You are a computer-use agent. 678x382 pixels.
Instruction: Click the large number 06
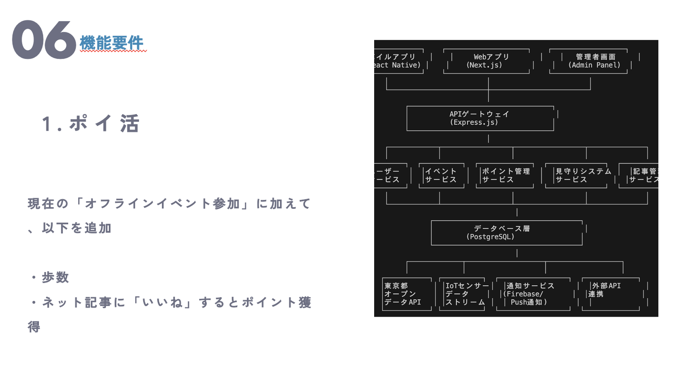tap(44, 40)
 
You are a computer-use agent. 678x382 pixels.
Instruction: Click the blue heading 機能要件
tap(112, 43)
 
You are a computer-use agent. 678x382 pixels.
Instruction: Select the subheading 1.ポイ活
tap(91, 124)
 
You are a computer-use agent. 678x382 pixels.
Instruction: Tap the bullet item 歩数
tap(55, 278)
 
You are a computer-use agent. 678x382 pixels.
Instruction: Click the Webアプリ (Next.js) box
tap(486, 61)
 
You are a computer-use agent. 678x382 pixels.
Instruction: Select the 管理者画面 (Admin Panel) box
tap(589, 61)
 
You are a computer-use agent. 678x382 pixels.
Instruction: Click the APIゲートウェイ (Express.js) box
tap(480, 118)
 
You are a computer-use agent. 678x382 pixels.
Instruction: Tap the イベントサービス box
tap(441, 175)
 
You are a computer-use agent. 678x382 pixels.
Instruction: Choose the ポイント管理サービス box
tap(505, 175)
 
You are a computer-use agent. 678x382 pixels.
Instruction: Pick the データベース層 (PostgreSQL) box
tap(506, 233)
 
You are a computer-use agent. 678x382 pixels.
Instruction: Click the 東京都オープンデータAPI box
tap(406, 294)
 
